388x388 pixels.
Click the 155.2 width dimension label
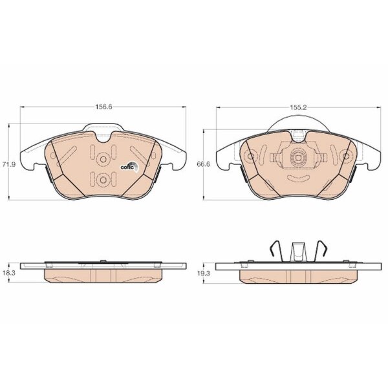pyautogui.click(x=298, y=107)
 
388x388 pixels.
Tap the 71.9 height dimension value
pyautogui.click(x=9, y=164)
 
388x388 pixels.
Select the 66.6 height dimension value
pyautogui.click(x=204, y=164)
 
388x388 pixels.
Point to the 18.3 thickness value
pyautogui.click(x=9, y=273)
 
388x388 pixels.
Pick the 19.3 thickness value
pyautogui.click(x=204, y=273)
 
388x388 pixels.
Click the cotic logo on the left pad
pyautogui.click(x=130, y=167)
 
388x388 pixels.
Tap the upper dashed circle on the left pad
pyautogui.click(x=102, y=158)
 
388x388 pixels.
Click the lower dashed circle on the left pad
pyautogui.click(x=102, y=179)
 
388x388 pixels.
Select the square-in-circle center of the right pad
pyautogui.click(x=298, y=157)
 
